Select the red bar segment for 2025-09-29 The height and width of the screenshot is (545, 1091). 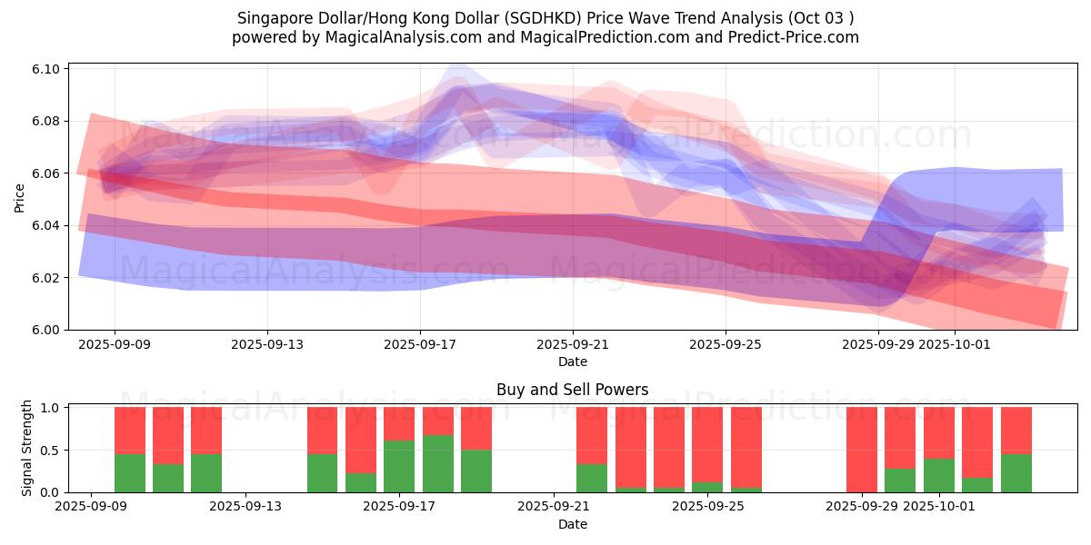pyautogui.click(x=862, y=449)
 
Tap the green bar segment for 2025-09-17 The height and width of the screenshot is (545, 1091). pyautogui.click(x=399, y=466)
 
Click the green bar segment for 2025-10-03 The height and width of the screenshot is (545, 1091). pyautogui.click(x=1016, y=473)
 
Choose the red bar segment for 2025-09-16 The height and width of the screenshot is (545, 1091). pyautogui.click(x=361, y=440)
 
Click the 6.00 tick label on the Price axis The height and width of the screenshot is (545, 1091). pyautogui.click(x=47, y=330)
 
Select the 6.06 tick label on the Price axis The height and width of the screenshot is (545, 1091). pyautogui.click(x=47, y=173)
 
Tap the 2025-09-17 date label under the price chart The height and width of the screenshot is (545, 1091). pyautogui.click(x=420, y=345)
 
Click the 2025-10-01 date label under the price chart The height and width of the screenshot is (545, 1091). pyautogui.click(x=955, y=345)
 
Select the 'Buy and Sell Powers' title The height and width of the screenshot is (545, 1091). pyautogui.click(x=572, y=390)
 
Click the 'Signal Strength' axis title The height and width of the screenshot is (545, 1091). pyautogui.click(x=27, y=447)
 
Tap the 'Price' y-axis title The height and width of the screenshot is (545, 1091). pyautogui.click(x=20, y=196)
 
